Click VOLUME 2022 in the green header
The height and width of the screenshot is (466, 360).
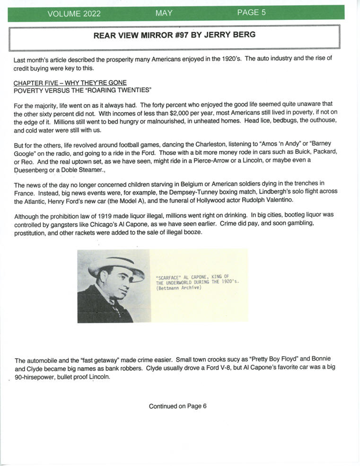pyautogui.click(x=74, y=14)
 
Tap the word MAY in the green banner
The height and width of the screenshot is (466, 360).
pyautogui.click(x=164, y=13)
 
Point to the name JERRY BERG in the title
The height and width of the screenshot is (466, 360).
pyautogui.click(x=230, y=35)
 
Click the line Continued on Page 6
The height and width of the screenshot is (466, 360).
pyautogui.click(x=178, y=406)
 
